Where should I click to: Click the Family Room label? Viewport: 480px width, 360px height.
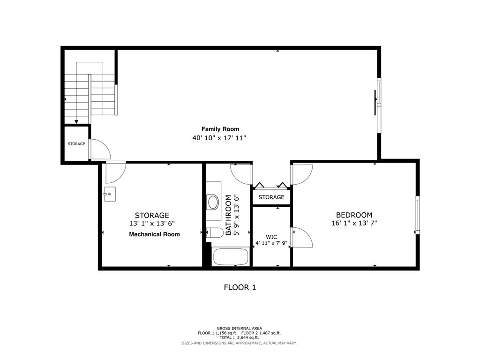point(220,129)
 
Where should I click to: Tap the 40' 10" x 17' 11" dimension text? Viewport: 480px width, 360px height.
point(219,138)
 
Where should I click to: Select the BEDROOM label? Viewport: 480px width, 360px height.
point(354,215)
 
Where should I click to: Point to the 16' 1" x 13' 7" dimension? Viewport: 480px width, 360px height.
point(354,224)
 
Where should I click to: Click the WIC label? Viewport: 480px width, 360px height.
point(271,237)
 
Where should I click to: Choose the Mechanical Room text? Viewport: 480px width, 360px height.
point(154,234)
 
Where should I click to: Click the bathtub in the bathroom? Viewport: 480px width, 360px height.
point(230,257)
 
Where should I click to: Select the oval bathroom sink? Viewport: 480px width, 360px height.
point(213,202)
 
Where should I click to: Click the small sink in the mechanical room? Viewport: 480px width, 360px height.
point(110,194)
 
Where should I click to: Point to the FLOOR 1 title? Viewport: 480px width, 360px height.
point(240,287)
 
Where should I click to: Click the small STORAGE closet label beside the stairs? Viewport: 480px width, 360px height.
point(76,144)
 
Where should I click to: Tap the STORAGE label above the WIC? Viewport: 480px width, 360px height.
point(271,197)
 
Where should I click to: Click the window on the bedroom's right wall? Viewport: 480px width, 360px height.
point(417,215)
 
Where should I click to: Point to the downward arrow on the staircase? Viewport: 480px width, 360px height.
point(76,121)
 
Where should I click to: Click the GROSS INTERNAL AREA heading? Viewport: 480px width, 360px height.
point(239,328)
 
